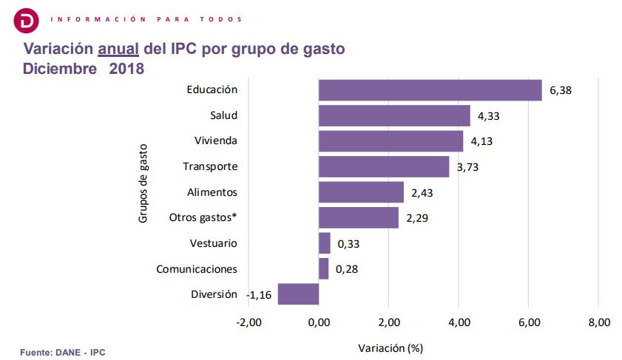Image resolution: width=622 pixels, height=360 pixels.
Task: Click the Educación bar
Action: (x=430, y=90)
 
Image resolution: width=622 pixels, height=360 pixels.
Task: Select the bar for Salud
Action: (x=394, y=116)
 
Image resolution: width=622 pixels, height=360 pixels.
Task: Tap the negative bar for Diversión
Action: (x=298, y=294)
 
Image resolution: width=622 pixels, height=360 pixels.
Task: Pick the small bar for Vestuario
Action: (x=325, y=243)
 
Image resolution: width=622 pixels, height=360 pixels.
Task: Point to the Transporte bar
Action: (x=384, y=167)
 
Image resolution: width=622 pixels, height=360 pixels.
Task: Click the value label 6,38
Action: (x=561, y=91)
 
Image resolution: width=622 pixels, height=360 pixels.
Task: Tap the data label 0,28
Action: (x=347, y=269)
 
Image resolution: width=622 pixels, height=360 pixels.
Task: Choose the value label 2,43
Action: (x=422, y=193)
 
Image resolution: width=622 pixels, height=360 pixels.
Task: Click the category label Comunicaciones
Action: (x=197, y=269)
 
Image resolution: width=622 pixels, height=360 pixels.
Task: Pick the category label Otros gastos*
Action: (x=203, y=218)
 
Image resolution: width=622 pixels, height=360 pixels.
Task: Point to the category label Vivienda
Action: (x=215, y=141)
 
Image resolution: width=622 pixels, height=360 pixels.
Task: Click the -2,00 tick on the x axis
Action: (x=249, y=323)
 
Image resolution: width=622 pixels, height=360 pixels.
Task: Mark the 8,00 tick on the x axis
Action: (x=598, y=323)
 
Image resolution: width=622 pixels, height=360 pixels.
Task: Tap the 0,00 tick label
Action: (x=319, y=323)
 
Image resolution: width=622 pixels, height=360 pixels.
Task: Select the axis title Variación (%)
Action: (x=390, y=347)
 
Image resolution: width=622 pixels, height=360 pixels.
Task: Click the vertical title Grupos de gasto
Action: (x=144, y=184)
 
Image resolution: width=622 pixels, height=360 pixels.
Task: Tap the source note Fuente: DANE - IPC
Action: (x=62, y=353)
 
